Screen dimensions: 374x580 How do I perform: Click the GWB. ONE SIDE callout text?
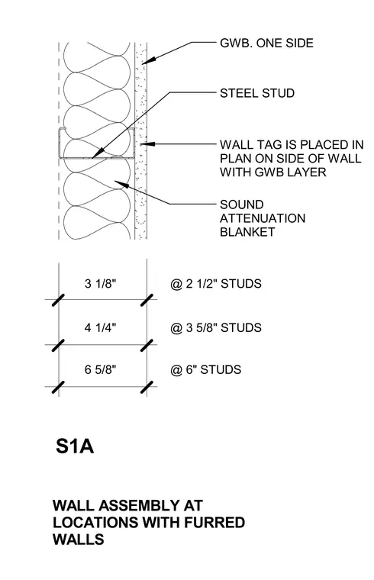[x=266, y=43]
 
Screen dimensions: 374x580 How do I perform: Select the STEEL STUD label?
[x=257, y=93]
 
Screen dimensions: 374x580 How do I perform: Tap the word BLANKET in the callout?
[x=247, y=232]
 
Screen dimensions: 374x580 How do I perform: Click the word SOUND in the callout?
[x=241, y=205]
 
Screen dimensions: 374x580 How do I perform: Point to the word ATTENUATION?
[x=263, y=218]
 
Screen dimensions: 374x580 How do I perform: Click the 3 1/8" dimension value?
[x=100, y=284]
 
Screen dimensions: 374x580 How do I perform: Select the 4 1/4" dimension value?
[x=100, y=327]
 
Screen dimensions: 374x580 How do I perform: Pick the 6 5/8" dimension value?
[x=100, y=369]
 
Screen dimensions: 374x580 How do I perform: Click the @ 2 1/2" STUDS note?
[x=216, y=284]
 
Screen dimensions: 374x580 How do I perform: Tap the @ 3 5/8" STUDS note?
[x=216, y=327]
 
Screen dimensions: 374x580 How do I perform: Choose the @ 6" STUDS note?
[x=205, y=369]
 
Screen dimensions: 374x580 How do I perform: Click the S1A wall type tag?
[x=74, y=446]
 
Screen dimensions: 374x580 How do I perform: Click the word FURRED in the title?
[x=214, y=522]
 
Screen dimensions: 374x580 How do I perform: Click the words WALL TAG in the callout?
[x=254, y=144]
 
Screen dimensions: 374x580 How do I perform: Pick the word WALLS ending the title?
[x=79, y=540]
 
